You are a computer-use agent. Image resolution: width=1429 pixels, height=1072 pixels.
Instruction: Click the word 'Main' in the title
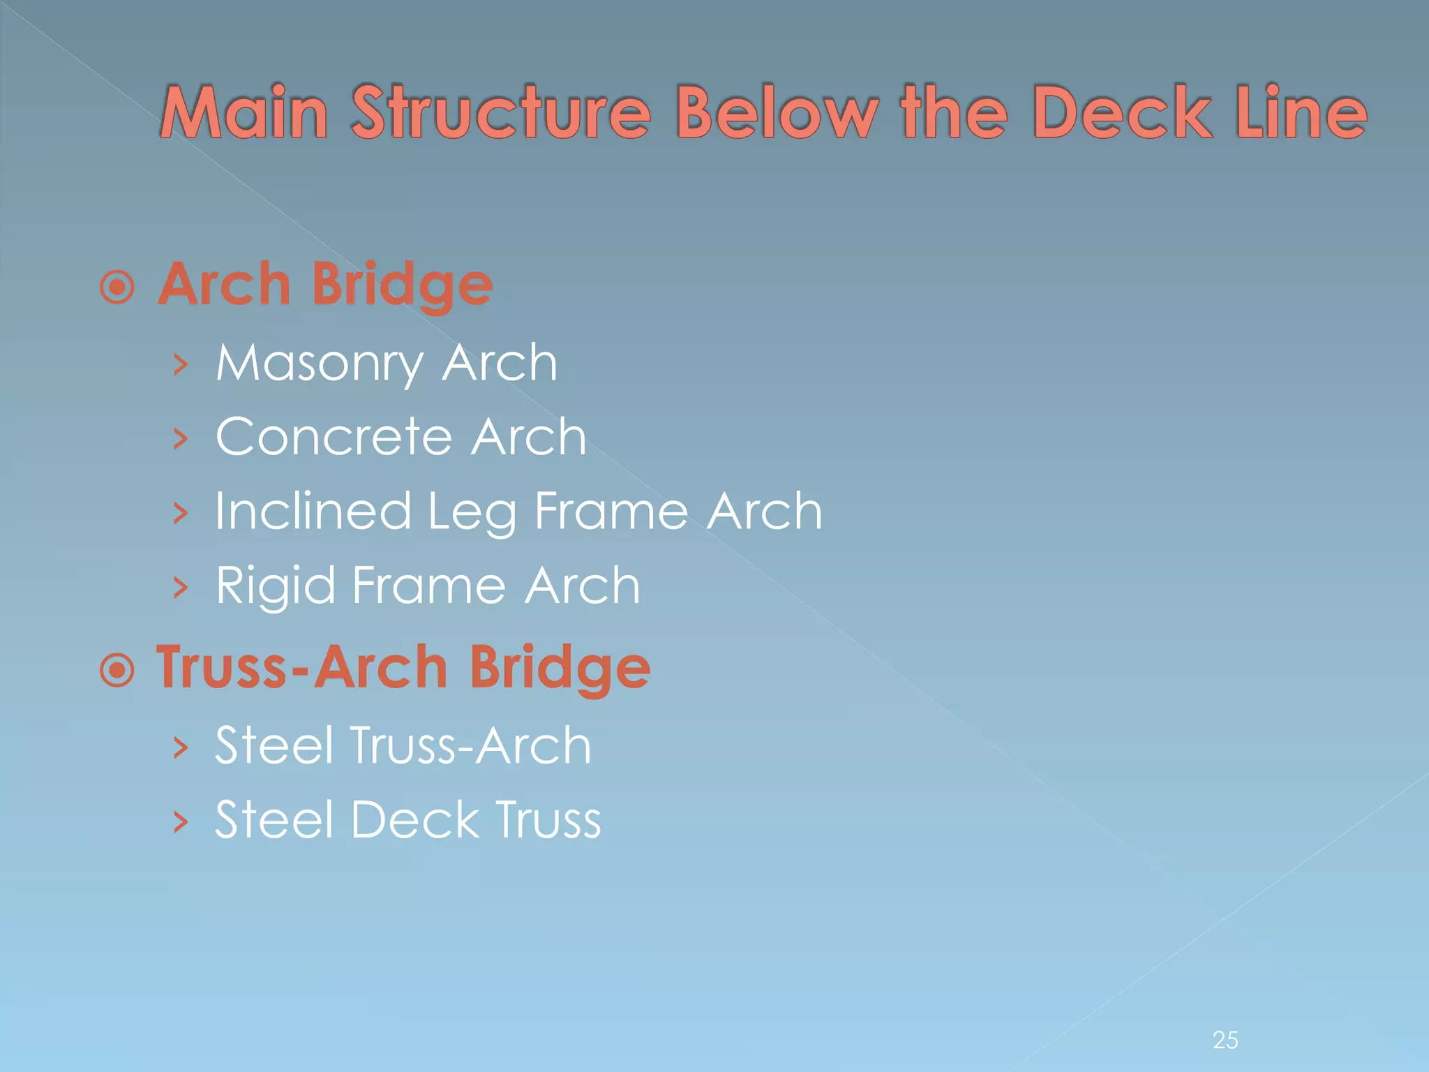244,112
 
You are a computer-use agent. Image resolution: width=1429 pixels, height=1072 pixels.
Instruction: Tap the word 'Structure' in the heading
500,112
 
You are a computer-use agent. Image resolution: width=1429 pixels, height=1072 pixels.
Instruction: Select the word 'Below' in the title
776,112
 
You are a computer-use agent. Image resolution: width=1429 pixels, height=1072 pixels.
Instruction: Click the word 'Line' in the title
1301,112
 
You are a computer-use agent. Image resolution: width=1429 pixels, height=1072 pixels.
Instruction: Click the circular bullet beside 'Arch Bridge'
117,287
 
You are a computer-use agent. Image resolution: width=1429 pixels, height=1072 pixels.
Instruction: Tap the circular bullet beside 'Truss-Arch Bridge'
117,671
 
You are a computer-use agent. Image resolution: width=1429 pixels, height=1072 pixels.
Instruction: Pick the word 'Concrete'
334,437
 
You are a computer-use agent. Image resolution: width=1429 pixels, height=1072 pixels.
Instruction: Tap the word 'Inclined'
313,511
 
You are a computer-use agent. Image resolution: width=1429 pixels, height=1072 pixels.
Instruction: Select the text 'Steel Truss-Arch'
403,745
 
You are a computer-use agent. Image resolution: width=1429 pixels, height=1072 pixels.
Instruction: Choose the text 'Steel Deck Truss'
407,819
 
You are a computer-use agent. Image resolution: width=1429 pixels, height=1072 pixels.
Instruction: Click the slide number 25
1225,1040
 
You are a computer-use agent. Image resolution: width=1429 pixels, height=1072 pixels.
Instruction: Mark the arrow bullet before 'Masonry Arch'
181,364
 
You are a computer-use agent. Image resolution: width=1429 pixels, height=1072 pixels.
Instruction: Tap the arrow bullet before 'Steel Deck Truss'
181,821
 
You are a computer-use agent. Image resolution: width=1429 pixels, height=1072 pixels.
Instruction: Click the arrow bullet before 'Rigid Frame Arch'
181,587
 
